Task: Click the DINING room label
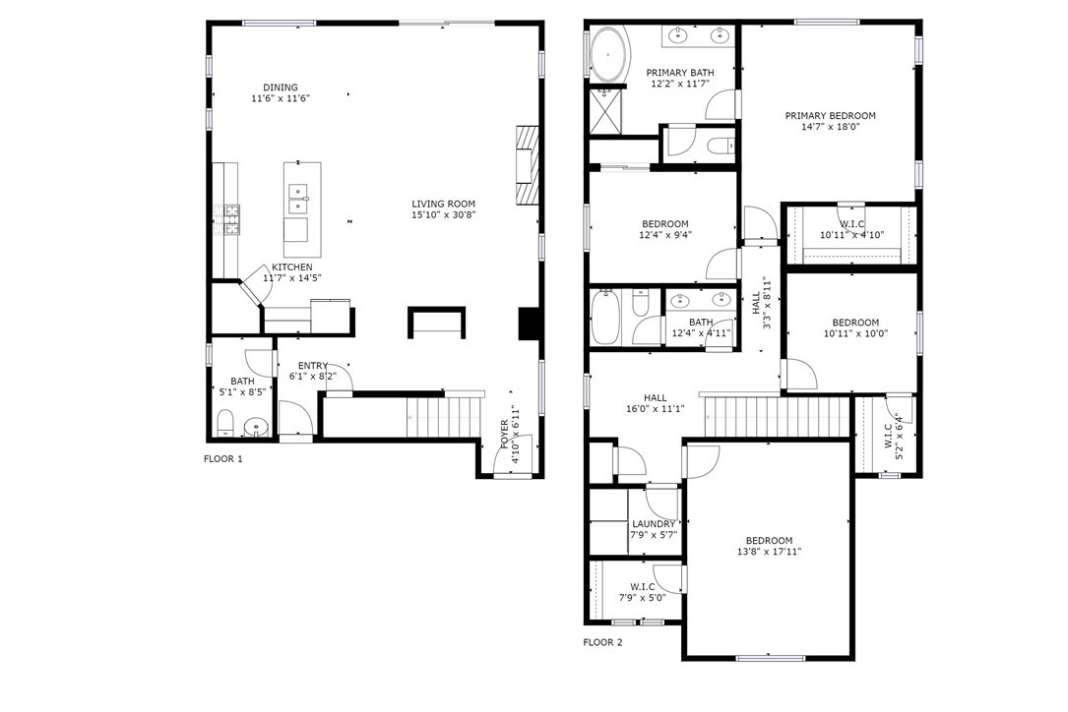click(281, 88)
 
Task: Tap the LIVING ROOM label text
click(443, 204)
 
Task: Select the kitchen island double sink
click(298, 199)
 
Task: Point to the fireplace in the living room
click(527, 164)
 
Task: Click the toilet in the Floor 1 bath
click(224, 423)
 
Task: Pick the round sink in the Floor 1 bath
click(256, 427)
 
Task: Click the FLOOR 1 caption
click(222, 459)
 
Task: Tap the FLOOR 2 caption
click(602, 642)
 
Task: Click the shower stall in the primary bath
click(604, 110)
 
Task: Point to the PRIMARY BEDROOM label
click(831, 116)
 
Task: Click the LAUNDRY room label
click(654, 524)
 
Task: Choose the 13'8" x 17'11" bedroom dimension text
click(769, 552)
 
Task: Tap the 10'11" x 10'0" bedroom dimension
click(855, 333)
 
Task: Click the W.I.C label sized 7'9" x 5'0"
click(643, 587)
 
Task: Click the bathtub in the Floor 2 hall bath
click(604, 318)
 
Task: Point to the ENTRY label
click(313, 366)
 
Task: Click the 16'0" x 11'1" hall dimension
click(656, 409)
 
